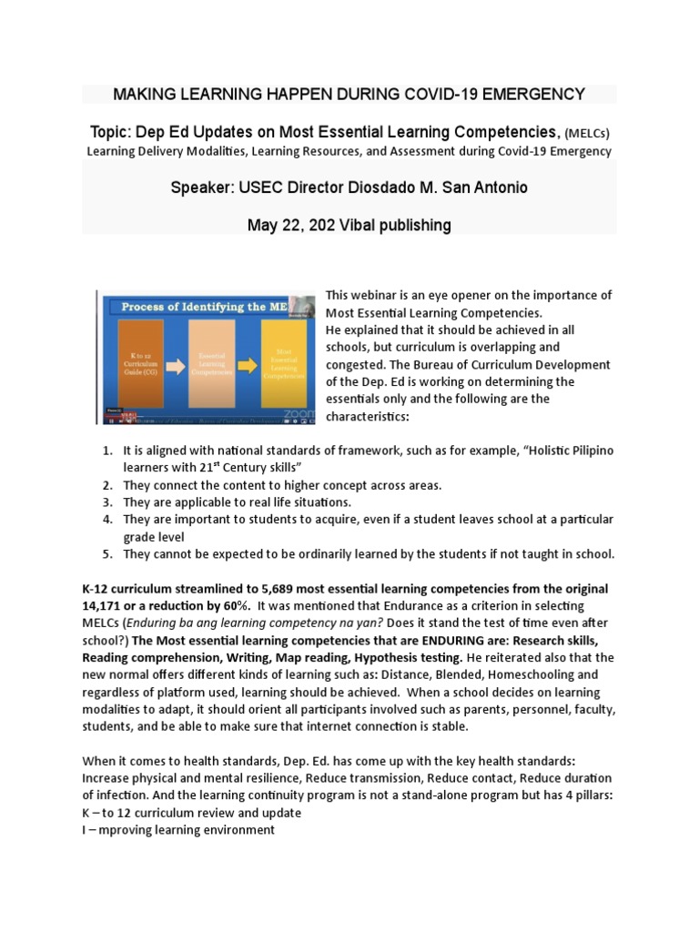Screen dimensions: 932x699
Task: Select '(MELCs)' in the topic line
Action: pos(588,132)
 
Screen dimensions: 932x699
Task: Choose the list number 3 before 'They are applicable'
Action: pos(106,502)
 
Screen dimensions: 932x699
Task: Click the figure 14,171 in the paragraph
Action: pos(106,606)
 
